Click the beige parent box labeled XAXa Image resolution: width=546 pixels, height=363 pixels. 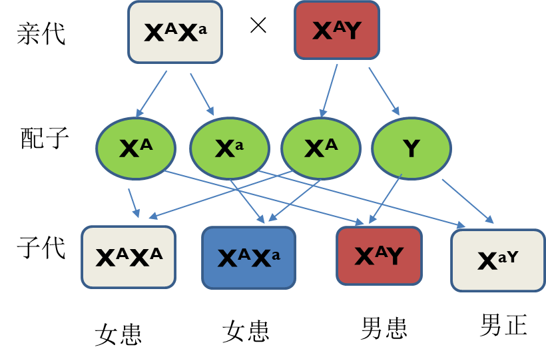(174, 32)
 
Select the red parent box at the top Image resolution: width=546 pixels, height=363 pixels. (337, 30)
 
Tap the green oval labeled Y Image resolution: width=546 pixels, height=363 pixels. (411, 149)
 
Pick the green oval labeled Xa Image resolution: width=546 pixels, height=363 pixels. (230, 149)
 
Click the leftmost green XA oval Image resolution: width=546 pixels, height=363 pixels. (136, 149)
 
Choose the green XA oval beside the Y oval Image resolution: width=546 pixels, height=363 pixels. (321, 149)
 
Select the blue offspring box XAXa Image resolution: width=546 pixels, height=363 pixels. (248, 258)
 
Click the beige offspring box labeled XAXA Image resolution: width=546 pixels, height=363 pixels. (129, 257)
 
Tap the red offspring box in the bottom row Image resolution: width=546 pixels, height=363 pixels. (379, 256)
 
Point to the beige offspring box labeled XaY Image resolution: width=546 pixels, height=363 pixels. (498, 260)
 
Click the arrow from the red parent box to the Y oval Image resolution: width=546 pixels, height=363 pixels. (384, 91)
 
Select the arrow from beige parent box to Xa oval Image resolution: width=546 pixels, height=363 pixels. (202, 94)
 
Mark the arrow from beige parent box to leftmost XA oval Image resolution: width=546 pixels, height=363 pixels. (152, 94)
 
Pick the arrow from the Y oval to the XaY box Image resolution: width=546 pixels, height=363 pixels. (467, 200)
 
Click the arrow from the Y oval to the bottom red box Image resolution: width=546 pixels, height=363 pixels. (386, 198)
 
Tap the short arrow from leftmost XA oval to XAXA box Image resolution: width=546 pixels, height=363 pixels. (133, 202)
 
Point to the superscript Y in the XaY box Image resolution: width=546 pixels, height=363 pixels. (511, 256)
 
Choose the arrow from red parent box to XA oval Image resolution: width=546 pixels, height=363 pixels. (329, 90)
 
